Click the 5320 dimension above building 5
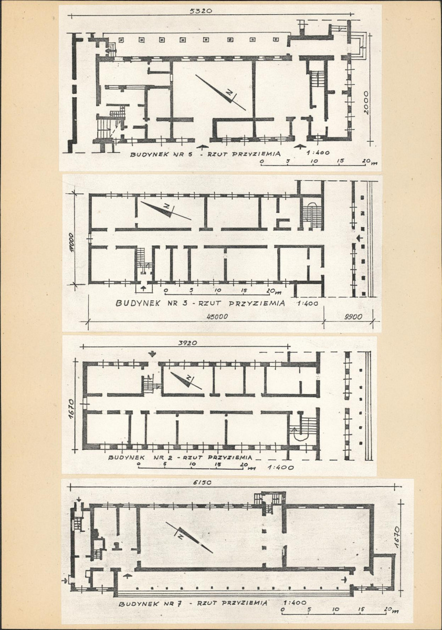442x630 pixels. coord(201,11)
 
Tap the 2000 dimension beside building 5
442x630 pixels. coord(366,103)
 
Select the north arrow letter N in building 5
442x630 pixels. coord(229,93)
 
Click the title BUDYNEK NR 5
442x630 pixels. coord(159,154)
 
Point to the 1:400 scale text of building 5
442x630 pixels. coord(318,153)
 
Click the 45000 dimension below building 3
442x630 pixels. coord(217,317)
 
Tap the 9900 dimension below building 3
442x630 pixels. coord(353,317)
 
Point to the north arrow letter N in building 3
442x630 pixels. coord(167,206)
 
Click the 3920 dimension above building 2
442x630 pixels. coord(187,343)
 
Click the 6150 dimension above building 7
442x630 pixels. coord(202,482)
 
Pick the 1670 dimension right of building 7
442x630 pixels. coord(396,538)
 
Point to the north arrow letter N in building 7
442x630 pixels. coord(180,536)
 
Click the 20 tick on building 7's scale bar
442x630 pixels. coord(387,609)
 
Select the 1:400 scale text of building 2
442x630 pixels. coord(280,467)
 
